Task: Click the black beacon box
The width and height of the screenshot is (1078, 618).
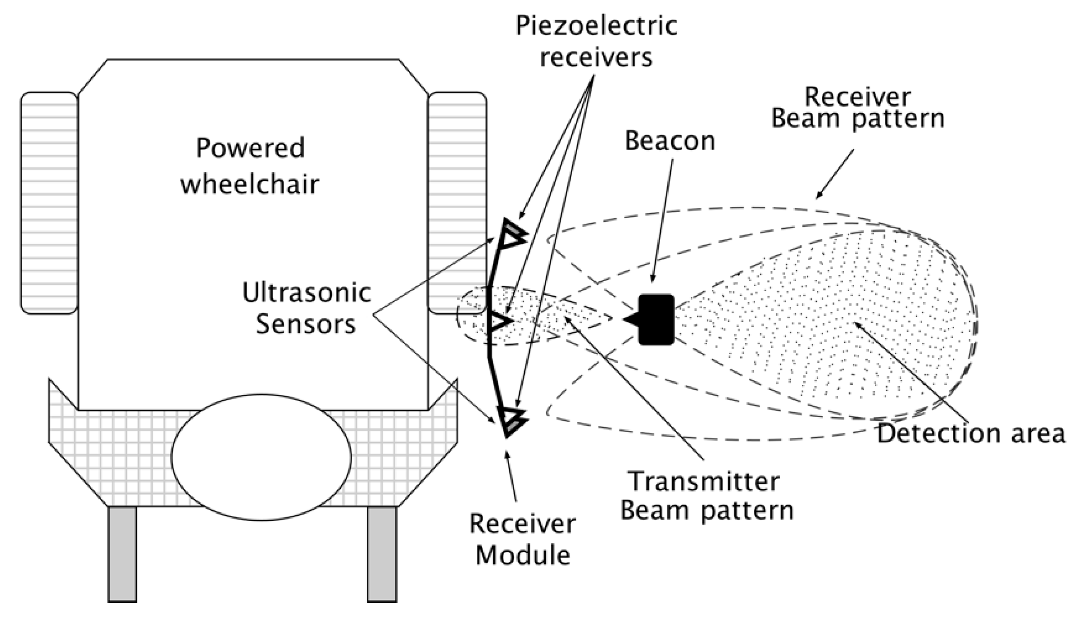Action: pos(656,319)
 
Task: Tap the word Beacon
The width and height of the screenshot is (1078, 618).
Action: pos(670,141)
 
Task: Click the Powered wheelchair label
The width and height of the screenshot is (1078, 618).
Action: pos(250,166)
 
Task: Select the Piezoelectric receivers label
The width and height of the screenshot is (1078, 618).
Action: pos(596,42)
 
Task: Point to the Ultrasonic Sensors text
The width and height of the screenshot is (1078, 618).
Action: pos(306,308)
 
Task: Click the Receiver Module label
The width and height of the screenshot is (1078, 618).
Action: pos(522,540)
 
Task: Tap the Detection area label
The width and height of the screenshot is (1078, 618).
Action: pos(971,433)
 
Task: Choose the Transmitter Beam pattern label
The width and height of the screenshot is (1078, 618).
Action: pos(706,496)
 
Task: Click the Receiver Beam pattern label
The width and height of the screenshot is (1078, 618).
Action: pos(858,109)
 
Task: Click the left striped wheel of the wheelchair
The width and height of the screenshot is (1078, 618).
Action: pos(49,203)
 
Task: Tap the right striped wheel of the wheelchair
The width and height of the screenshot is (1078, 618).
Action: pos(457,203)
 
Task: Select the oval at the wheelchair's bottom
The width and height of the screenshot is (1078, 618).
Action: pos(261,457)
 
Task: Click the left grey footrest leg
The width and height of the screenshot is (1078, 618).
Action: pos(122,554)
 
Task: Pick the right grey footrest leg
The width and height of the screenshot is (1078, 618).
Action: pos(382,554)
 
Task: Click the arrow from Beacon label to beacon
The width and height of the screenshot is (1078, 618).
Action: pos(662,222)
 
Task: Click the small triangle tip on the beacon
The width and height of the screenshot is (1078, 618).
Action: pos(630,320)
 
